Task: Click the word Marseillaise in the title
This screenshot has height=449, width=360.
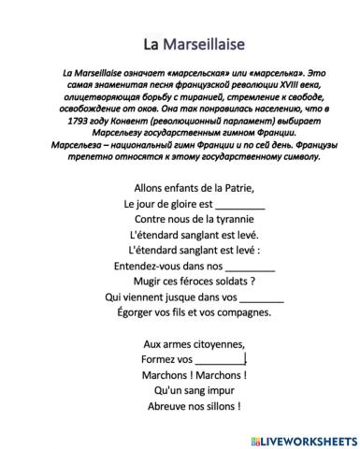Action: tap(205, 44)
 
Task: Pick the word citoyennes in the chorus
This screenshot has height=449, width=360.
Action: tap(220, 344)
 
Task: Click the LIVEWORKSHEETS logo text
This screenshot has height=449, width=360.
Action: tap(306, 437)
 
